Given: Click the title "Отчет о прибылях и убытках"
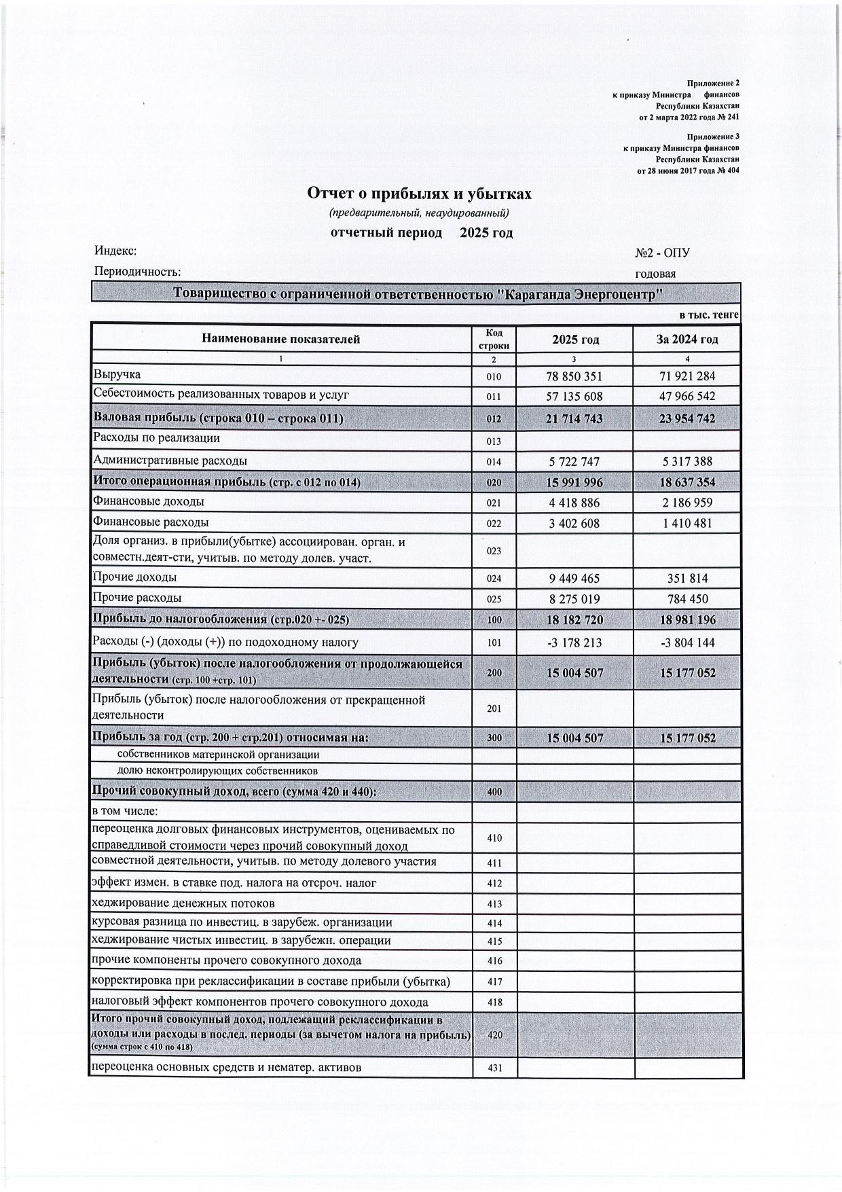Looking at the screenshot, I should (420, 194).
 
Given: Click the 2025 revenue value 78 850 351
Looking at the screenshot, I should (574, 376).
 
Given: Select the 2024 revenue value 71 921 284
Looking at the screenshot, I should (687, 376).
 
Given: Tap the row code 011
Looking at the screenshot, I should (494, 397).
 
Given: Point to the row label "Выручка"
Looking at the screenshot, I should (117, 374).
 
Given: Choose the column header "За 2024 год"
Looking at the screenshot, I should (687, 339).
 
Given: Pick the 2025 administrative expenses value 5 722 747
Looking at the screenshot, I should (574, 462).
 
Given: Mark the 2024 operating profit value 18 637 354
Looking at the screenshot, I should (687, 482).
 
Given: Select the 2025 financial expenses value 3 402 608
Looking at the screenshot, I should (574, 524).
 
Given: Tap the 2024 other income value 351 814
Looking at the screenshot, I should (687, 579).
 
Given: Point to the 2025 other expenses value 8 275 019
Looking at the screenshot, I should (574, 600).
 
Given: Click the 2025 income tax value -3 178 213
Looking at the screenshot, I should (574, 643).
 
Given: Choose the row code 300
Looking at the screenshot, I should (494, 738).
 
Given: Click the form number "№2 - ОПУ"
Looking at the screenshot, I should (662, 253).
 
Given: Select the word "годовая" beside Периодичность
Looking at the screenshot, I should (655, 274).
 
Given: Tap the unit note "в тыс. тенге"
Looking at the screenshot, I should (709, 315).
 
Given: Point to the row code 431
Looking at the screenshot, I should (494, 1068).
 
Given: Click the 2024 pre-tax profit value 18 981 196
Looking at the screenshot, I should (687, 620).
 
